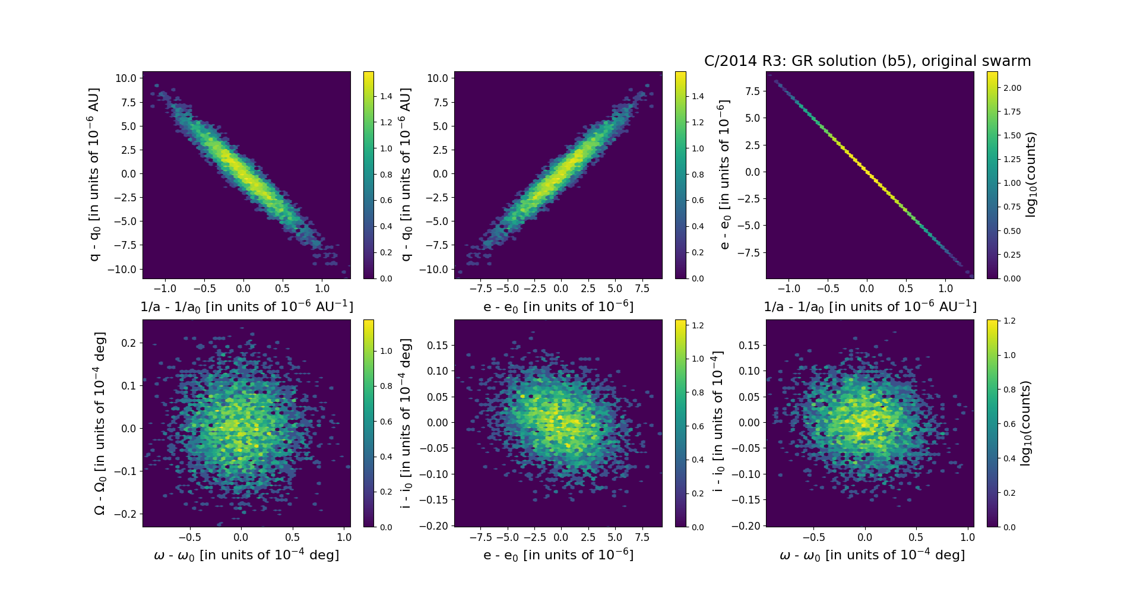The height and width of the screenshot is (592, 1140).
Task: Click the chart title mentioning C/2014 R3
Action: pyautogui.click(x=867, y=61)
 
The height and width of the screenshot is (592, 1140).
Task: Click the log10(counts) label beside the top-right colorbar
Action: pyautogui.click(x=1031, y=175)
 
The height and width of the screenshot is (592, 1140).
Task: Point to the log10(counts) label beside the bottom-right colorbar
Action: pyautogui.click(x=1025, y=423)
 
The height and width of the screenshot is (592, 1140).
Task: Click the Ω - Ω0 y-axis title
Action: pyautogui.click(x=100, y=423)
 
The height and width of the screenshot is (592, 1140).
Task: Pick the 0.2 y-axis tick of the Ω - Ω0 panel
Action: pyautogui.click(x=129, y=343)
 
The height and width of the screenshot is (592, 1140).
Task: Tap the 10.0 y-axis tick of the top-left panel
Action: pyautogui.click(x=126, y=78)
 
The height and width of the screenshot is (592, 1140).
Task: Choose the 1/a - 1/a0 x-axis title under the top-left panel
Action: pyautogui.click(x=246, y=306)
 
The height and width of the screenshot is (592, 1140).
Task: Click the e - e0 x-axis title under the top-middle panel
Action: pyautogui.click(x=558, y=306)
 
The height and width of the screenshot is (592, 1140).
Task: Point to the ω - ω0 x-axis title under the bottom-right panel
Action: pyautogui.click(x=872, y=555)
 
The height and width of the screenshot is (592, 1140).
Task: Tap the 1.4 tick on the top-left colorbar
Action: pyautogui.click(x=387, y=96)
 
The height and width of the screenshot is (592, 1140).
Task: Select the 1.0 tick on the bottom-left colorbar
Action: pyautogui.click(x=387, y=351)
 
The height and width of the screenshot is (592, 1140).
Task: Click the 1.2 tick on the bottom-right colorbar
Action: pyautogui.click(x=1009, y=321)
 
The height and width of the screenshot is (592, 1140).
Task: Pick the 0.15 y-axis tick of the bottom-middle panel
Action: pyautogui.click(x=437, y=345)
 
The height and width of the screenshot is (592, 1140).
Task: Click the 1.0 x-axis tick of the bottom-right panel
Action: pyautogui.click(x=967, y=537)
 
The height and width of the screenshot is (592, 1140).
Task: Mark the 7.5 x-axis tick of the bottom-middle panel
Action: pyautogui.click(x=642, y=537)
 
